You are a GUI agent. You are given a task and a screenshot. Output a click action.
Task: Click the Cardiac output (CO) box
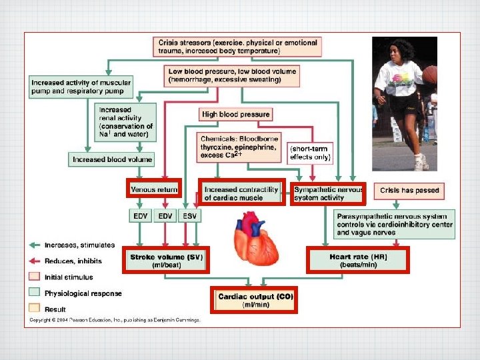click(x=254, y=299)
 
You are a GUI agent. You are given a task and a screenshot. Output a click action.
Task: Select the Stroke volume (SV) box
click(x=166, y=259)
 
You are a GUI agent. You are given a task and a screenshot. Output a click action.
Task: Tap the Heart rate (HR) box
click(x=357, y=259)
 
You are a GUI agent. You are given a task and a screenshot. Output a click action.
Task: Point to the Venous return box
click(x=153, y=189)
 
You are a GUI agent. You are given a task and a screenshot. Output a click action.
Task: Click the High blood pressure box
click(x=235, y=115)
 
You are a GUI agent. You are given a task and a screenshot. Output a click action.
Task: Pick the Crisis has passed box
click(x=409, y=191)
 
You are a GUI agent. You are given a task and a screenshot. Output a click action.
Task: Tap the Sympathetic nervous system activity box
click(x=327, y=193)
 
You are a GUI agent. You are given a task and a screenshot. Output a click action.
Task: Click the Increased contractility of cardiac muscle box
click(x=242, y=193)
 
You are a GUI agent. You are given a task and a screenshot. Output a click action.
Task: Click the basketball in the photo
click(x=430, y=74)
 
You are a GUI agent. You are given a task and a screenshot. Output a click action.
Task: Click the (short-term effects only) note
click(x=310, y=153)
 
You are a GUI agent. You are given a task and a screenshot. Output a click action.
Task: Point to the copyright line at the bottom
click(x=114, y=320)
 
